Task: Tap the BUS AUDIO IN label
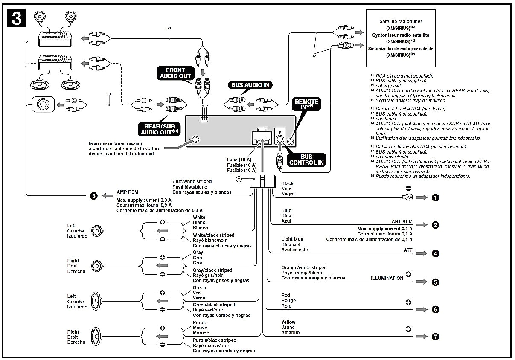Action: point(250,85)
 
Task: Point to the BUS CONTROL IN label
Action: point(306,160)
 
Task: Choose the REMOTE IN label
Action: point(306,105)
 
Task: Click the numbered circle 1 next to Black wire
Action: point(435,197)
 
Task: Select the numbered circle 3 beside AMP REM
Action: point(94,196)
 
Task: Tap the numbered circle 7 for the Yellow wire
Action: point(435,337)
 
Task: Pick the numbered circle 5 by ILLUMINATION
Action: point(435,282)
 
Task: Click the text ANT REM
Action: point(402,222)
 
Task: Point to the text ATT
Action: point(408,250)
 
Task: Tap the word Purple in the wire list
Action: point(200,322)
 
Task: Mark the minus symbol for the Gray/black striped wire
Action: point(162,274)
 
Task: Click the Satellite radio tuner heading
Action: point(401,21)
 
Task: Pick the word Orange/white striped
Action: point(304,267)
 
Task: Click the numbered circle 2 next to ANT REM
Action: point(435,225)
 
